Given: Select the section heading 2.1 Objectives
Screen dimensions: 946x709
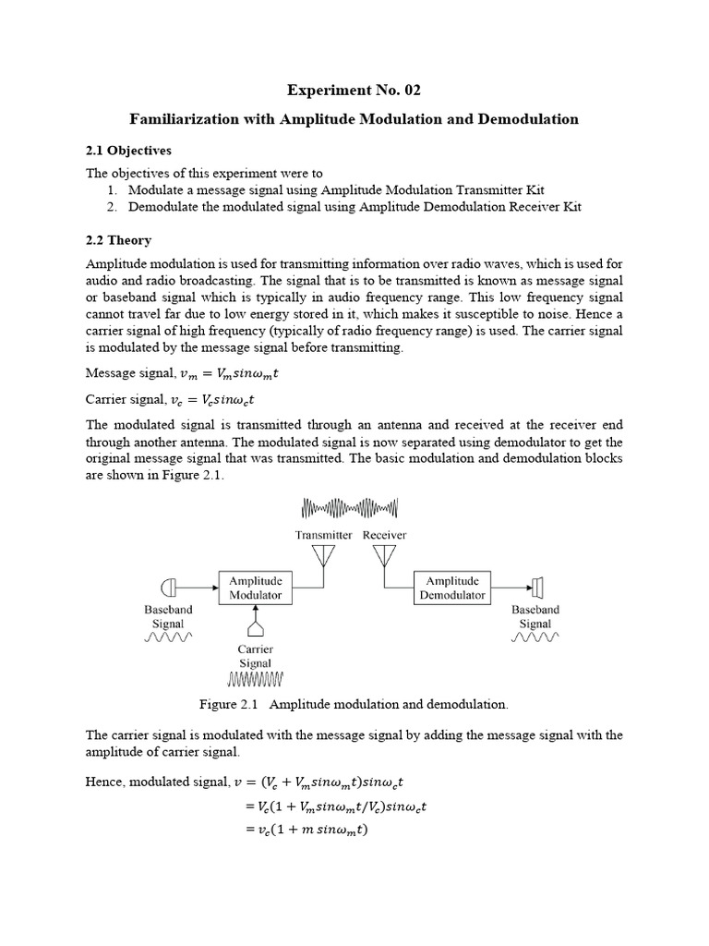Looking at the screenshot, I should point(128,150).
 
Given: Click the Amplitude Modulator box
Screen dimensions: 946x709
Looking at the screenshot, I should point(255,588).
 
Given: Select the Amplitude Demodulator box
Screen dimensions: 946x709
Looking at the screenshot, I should point(452,588).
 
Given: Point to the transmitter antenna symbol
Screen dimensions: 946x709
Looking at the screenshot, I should point(323,556).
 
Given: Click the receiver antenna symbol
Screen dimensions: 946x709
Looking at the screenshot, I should point(384,556).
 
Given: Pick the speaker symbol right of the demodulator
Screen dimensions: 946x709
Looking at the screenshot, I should point(537,587).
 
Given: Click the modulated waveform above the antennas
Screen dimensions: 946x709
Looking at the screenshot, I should point(351,509).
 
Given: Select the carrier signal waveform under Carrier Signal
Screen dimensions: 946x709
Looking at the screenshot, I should point(255,681).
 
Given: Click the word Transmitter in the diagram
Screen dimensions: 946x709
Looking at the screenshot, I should point(323,535).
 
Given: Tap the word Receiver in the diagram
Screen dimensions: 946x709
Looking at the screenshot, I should point(385,535).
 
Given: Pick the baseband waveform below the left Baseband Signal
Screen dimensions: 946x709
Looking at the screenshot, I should point(167,637).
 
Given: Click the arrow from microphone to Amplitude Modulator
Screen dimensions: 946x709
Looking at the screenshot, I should point(196,587).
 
